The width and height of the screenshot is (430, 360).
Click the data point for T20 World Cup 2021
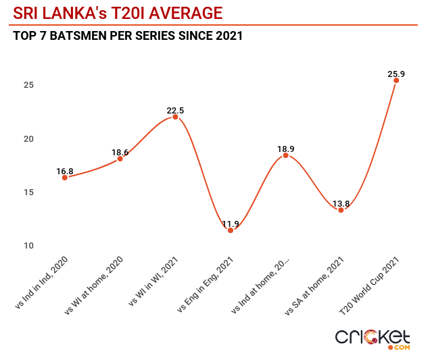pyautogui.click(x=396, y=80)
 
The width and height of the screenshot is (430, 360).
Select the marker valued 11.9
pyautogui.click(x=231, y=230)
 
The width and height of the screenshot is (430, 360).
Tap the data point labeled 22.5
pyautogui.click(x=175, y=117)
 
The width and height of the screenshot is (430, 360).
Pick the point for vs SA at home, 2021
pyautogui.click(x=341, y=210)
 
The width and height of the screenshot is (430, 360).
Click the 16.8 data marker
pyautogui.click(x=65, y=178)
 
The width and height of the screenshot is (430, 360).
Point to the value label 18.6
pyautogui.click(x=120, y=153)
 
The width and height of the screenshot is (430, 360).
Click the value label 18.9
pyautogui.click(x=285, y=149)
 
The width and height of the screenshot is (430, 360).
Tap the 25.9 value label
pyautogui.click(x=396, y=74)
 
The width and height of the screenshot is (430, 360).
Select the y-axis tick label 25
pyautogui.click(x=28, y=85)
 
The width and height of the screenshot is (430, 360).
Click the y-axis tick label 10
pyautogui.click(x=28, y=245)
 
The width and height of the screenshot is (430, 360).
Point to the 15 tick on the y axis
pyautogui.click(x=28, y=192)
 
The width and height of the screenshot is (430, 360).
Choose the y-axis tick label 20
pyautogui.click(x=28, y=139)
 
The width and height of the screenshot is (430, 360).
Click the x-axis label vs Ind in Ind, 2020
pyautogui.click(x=41, y=282)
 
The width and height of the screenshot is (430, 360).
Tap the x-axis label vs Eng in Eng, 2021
pyautogui.click(x=205, y=284)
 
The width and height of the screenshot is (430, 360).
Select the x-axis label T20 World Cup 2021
pyautogui.click(x=369, y=286)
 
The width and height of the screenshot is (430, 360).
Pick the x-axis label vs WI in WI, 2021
pyautogui.click(x=153, y=282)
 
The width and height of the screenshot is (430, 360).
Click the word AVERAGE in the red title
pyautogui.click(x=186, y=13)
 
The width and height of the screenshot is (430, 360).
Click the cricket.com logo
pyautogui.click(x=373, y=340)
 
